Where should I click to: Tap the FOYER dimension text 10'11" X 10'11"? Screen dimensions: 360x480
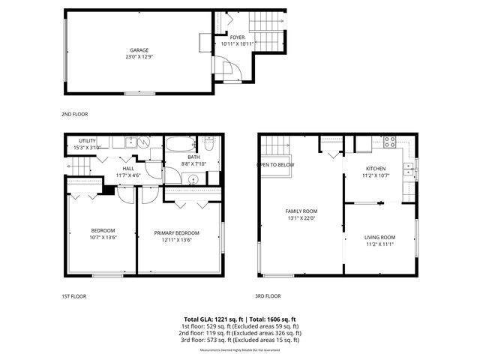[x=237, y=43]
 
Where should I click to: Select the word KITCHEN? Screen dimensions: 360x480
[x=375, y=169]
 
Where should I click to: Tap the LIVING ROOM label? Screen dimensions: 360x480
[x=379, y=238]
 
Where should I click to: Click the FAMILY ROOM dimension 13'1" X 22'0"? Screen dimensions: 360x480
[x=301, y=218]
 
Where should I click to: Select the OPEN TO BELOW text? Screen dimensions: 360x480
[x=276, y=164]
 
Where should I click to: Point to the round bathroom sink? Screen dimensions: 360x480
[x=193, y=178]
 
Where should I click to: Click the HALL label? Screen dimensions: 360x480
[x=128, y=169]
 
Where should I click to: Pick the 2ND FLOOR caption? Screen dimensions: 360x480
[x=74, y=114]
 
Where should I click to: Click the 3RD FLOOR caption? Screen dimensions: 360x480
[x=268, y=296]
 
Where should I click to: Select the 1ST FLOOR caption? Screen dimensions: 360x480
[x=73, y=296]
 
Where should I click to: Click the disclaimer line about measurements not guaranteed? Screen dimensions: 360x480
[x=240, y=350]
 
